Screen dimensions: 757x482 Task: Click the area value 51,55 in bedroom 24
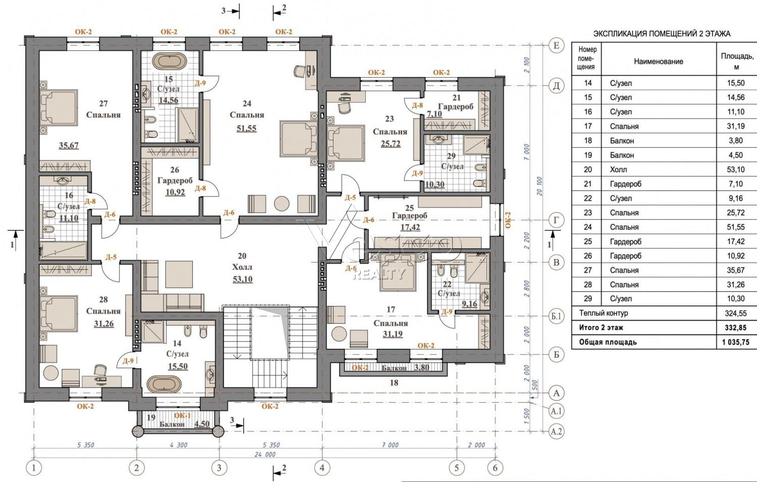pos(246,128)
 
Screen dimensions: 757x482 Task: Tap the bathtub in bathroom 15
pos(169,61)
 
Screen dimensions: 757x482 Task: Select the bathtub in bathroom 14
pos(164,385)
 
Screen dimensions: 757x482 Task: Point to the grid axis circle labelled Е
pos(556,45)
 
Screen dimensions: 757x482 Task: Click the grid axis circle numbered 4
pos(322,468)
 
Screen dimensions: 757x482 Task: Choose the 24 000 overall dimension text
pos(265,454)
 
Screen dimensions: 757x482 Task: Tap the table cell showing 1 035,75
pos(736,342)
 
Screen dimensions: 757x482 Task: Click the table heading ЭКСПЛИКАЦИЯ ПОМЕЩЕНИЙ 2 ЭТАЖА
pos(662,34)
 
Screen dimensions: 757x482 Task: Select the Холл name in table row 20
pos(618,169)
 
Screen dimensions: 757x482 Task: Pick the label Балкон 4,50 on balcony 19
pos(185,424)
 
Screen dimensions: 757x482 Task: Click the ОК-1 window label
pos(182,415)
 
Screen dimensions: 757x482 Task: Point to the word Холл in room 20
pos(242,267)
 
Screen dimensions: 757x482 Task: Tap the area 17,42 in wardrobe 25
pos(410,227)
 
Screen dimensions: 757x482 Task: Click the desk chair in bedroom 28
pos(100,370)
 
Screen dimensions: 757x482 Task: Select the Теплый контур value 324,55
pos(736,314)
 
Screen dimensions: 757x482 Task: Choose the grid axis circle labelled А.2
pos(556,432)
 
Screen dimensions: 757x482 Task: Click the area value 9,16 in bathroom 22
pos(469,304)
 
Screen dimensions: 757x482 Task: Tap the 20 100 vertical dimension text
pos(539,187)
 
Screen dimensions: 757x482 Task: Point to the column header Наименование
pos(658,62)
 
